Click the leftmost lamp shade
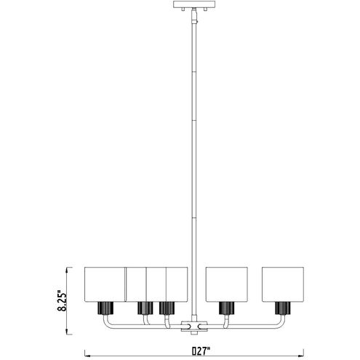(105, 284)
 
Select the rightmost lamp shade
(283, 284)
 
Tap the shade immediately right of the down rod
(226, 284)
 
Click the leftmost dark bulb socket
(105, 308)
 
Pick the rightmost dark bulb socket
(283, 308)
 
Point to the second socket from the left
(145, 308)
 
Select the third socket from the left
(167, 308)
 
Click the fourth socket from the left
(227, 308)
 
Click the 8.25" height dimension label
(62, 300)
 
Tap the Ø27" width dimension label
(201, 351)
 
